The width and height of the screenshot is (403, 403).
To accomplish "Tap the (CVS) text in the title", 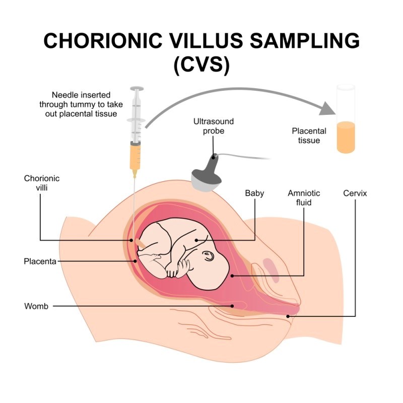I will (x=201, y=66).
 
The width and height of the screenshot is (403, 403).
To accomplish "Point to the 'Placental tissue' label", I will (x=309, y=136).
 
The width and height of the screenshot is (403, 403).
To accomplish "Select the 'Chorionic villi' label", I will (x=42, y=182).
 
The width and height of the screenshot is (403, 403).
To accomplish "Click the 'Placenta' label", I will (x=40, y=261).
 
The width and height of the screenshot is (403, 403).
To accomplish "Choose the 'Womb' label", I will (x=36, y=306).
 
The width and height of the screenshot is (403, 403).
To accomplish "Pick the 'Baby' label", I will (x=254, y=193).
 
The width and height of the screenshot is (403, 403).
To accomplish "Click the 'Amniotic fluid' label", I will (x=304, y=197).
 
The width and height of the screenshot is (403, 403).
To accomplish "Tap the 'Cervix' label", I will (x=355, y=193).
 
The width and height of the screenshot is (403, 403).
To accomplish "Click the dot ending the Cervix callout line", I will (x=288, y=316).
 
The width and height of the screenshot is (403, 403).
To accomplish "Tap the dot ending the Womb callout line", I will (x=232, y=306).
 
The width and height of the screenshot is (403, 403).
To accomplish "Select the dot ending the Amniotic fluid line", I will (x=231, y=276).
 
